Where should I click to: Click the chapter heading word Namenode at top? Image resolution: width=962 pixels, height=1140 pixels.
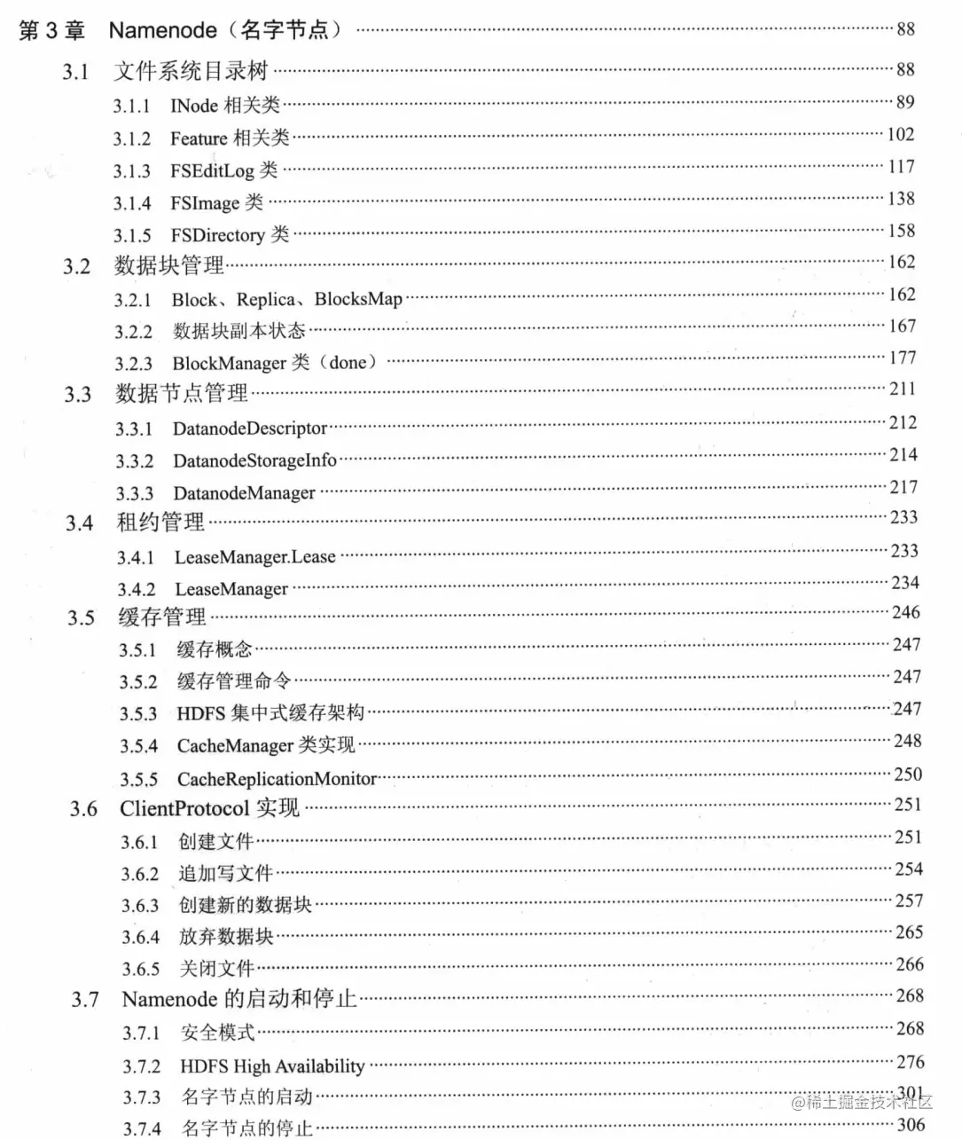(x=162, y=30)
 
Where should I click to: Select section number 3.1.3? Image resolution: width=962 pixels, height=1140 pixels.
(x=131, y=171)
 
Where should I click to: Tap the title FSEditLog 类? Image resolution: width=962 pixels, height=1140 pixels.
(x=223, y=170)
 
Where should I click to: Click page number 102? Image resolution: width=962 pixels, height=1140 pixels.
(x=900, y=134)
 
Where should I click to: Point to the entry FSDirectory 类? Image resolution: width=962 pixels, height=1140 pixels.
(x=230, y=235)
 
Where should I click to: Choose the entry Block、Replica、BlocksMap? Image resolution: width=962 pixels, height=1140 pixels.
(x=286, y=299)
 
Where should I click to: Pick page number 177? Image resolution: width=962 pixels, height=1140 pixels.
(x=902, y=358)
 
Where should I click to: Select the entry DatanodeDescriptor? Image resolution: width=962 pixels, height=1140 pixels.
(x=250, y=428)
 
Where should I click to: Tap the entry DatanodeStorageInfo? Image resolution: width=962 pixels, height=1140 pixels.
(x=254, y=460)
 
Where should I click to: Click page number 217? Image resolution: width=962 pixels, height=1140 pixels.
(x=903, y=486)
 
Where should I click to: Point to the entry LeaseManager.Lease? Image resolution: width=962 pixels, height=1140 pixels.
(x=254, y=557)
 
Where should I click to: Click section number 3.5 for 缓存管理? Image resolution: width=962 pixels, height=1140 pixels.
(x=81, y=617)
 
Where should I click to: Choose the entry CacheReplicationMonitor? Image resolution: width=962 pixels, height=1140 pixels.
(x=277, y=779)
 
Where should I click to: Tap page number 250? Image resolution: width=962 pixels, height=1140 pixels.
(x=907, y=774)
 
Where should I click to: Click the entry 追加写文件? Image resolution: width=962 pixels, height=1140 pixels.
(x=225, y=873)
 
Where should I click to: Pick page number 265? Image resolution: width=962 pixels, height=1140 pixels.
(x=909, y=932)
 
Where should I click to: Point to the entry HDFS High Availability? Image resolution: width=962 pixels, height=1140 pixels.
(x=272, y=1065)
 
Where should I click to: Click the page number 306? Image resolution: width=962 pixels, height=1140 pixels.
(x=911, y=1125)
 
